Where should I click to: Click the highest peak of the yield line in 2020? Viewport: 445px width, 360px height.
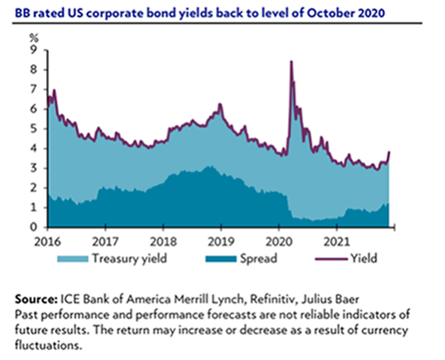(291, 62)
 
